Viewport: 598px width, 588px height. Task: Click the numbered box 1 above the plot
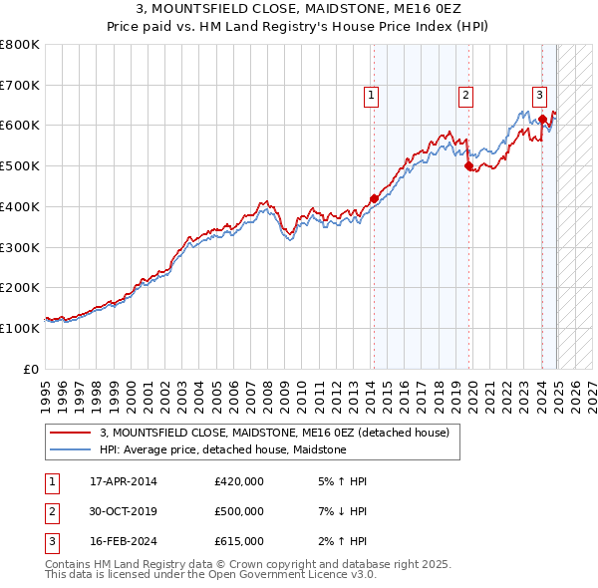371,96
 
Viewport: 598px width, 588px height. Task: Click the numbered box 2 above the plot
465,96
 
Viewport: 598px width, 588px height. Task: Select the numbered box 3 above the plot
539,96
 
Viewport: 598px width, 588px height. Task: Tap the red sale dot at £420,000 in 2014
374,198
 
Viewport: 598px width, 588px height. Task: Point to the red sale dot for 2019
468,166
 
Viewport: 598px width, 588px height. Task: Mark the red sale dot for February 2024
542,120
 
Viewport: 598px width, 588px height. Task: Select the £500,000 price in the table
239,511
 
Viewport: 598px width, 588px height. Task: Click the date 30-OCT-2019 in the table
125,511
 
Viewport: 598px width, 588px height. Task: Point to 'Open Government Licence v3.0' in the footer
298,575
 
